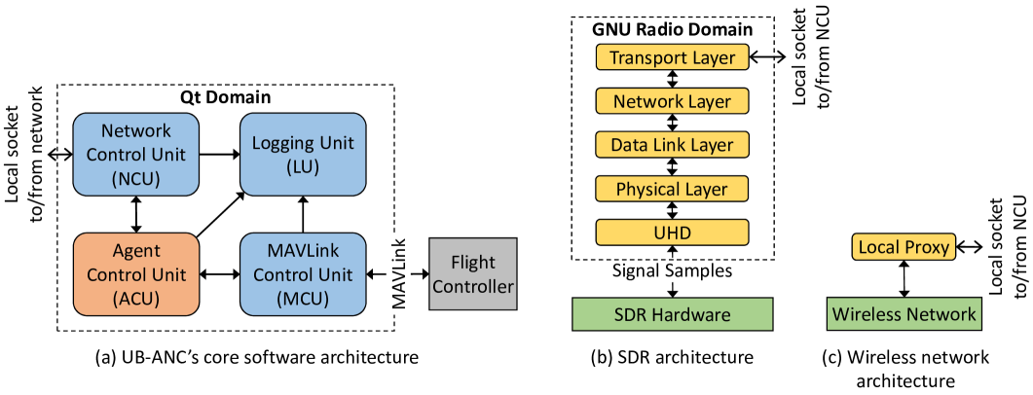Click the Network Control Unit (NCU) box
(x=135, y=153)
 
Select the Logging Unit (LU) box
(x=304, y=153)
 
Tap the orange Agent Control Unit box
(x=135, y=273)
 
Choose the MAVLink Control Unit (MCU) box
(x=304, y=273)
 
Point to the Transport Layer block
(x=673, y=57)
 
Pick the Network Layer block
(x=673, y=100)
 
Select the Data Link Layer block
(x=673, y=144)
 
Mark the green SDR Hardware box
(x=673, y=314)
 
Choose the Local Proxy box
(x=904, y=247)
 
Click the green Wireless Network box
(x=904, y=314)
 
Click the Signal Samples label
(x=673, y=271)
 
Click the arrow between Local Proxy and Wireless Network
(x=904, y=280)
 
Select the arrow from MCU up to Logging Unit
(x=304, y=212)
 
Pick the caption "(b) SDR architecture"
(x=673, y=357)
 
